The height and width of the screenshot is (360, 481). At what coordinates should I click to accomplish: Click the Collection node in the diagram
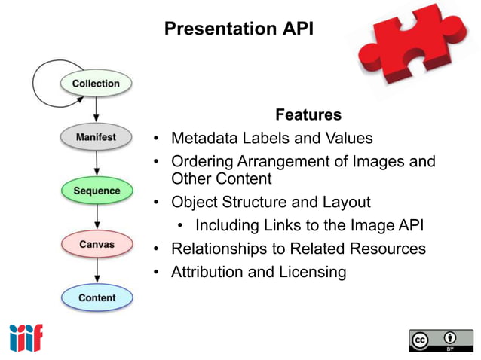[96, 84]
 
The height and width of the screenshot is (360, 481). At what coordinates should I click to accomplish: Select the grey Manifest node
[96, 138]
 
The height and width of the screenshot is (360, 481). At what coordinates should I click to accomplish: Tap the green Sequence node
[96, 191]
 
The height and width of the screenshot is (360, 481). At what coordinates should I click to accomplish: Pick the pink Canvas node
[96, 245]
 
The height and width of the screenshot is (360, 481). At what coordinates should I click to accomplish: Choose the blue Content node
[96, 297]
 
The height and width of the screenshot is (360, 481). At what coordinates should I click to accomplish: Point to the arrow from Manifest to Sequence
[97, 163]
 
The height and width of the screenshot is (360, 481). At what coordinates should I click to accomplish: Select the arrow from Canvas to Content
[97, 270]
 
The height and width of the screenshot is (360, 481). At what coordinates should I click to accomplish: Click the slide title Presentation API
[237, 29]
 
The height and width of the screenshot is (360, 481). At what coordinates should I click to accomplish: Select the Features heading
[308, 115]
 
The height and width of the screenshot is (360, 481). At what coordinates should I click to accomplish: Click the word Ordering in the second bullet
[201, 161]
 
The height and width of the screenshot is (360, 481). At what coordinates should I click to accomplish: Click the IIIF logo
[26, 337]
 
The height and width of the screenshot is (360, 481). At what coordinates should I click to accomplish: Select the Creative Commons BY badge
[441, 340]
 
